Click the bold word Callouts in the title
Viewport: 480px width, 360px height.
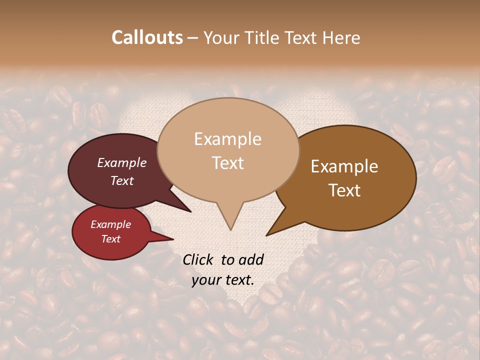[x=147, y=37]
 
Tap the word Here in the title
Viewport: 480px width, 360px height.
[x=341, y=37]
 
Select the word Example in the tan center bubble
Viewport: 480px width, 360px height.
[x=227, y=139]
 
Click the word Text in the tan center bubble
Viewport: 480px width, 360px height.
[x=227, y=163]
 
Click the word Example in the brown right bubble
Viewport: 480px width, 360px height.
[x=344, y=166]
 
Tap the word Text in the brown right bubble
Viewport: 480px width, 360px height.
[x=344, y=190]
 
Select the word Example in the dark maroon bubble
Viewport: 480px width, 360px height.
[x=122, y=162]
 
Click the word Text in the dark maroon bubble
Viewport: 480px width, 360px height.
[x=122, y=180]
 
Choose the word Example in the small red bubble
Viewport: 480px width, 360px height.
[x=111, y=224]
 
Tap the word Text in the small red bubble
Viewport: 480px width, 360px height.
[x=111, y=239]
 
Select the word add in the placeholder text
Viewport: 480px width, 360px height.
[x=250, y=259]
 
